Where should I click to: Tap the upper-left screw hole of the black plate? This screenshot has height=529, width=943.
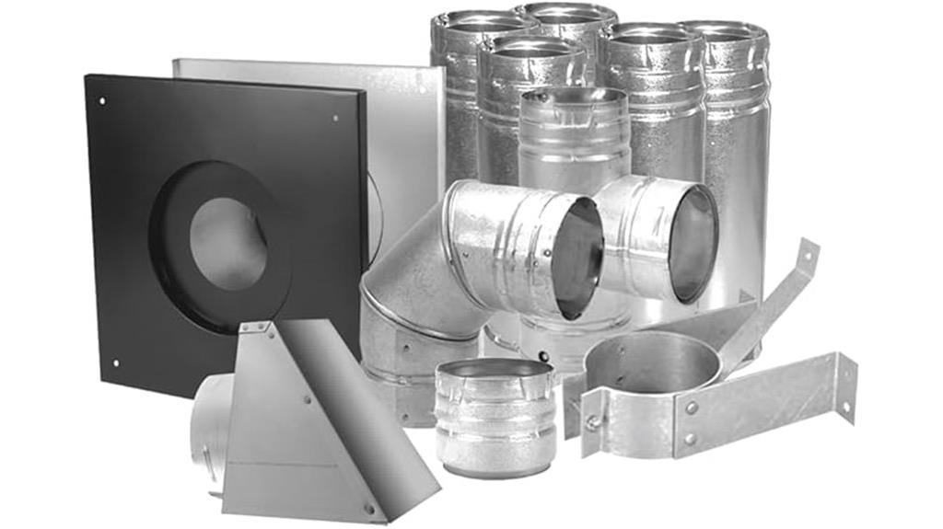(102, 101)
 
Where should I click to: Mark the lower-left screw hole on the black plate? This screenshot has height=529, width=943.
(114, 362)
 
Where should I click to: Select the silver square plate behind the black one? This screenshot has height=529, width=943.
(405, 138)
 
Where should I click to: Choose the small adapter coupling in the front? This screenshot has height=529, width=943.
(494, 414)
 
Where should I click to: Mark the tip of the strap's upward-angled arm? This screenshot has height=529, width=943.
(809, 248)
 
